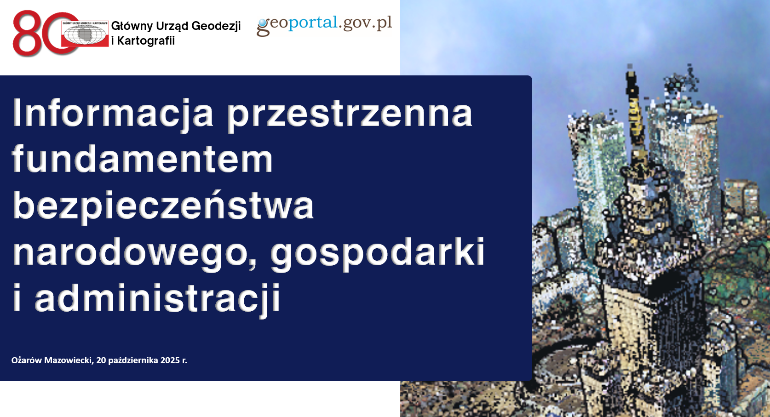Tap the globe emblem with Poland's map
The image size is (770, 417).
(85, 34)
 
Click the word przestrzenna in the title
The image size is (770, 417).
(350, 114)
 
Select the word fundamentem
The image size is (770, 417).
(143, 159)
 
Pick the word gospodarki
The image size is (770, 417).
(377, 252)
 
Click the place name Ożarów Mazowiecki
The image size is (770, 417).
(52, 360)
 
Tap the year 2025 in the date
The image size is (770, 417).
(170, 360)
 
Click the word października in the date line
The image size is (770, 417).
(133, 360)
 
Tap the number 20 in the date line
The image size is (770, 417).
(101, 360)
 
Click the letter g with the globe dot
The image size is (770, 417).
(263, 27)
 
